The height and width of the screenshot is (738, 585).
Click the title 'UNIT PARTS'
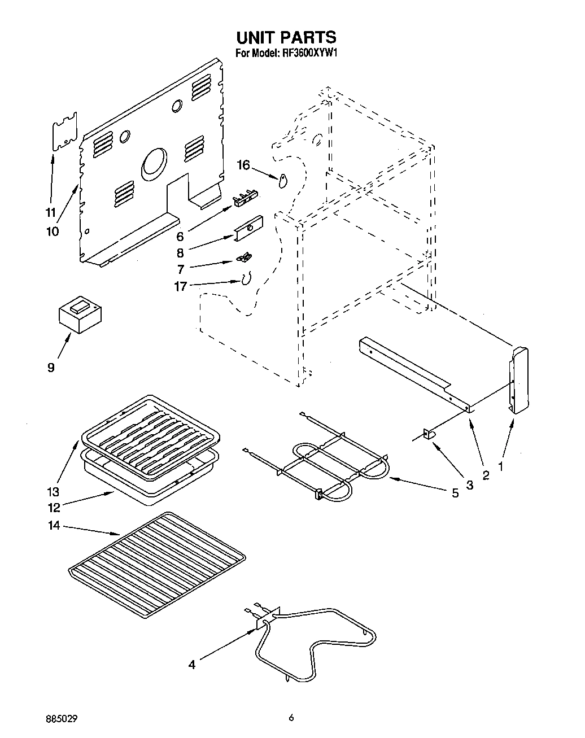[286, 37]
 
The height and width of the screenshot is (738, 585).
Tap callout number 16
[243, 165]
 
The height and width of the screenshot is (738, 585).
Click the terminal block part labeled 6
[243, 196]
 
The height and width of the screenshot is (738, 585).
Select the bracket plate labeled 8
[249, 228]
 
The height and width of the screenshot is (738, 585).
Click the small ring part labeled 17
[246, 279]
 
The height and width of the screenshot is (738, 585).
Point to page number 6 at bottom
[291, 718]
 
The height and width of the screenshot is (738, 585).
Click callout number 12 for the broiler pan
[54, 508]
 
